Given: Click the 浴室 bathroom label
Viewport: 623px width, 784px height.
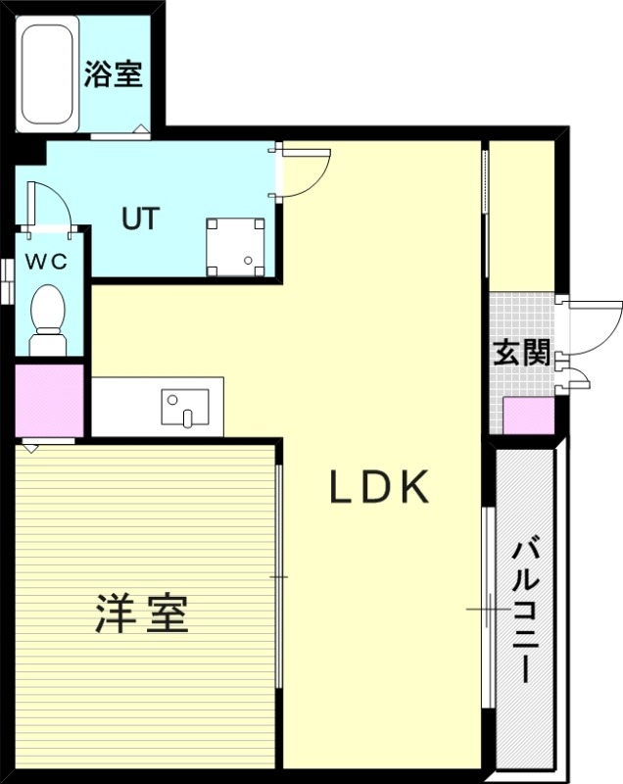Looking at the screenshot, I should pyautogui.click(x=114, y=74).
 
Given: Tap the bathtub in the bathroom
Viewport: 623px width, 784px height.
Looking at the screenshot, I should pyautogui.click(x=47, y=73).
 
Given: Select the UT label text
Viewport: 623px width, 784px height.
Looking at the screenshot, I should pyautogui.click(x=140, y=218).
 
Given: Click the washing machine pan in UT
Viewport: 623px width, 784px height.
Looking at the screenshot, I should pyautogui.click(x=235, y=245).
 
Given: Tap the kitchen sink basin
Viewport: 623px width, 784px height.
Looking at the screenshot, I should pyautogui.click(x=186, y=406).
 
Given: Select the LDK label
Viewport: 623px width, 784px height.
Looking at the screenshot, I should pyautogui.click(x=379, y=487).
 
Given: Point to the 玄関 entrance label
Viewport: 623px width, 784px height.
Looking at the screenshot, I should pyautogui.click(x=520, y=354).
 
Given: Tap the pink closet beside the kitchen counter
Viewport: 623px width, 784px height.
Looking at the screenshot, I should pyautogui.click(x=49, y=400).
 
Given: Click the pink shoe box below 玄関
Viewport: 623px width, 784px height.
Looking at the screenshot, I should pyautogui.click(x=529, y=416).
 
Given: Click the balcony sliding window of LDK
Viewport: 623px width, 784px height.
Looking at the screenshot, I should pyautogui.click(x=486, y=608).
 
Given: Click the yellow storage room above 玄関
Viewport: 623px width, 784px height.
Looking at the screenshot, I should pyautogui.click(x=521, y=216).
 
